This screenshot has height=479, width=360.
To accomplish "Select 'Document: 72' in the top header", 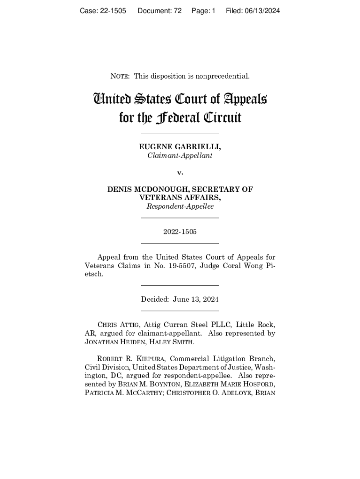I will tap(159, 11).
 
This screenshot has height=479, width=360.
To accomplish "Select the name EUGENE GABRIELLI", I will tap(180, 147).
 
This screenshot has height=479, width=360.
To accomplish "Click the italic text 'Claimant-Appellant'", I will tap(180, 156).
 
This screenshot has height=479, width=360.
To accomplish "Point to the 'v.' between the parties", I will tap(180, 173).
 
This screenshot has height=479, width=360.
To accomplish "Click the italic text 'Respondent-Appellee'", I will tap(180, 206).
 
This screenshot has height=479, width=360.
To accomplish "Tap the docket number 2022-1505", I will tap(180, 232).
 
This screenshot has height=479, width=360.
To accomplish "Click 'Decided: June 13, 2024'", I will tap(180, 299).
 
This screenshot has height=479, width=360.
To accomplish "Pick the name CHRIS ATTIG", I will tap(118, 325).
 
